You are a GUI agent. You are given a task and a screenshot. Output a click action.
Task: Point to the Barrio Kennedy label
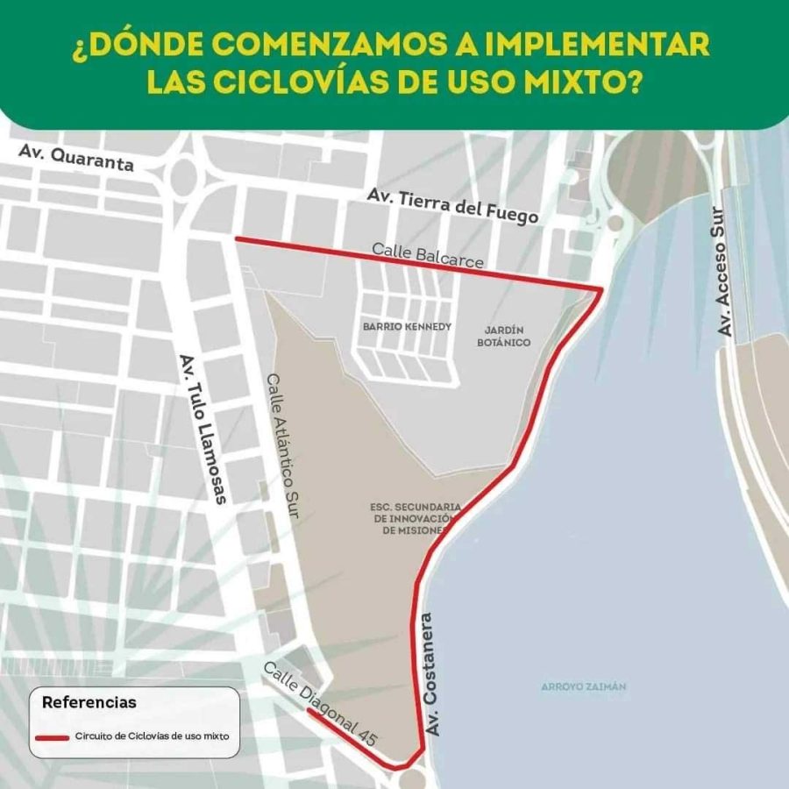click(407, 326)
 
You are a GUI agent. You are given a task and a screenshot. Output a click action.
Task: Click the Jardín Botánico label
click(504, 336)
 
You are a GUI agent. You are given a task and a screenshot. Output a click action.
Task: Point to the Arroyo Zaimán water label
click(583, 686)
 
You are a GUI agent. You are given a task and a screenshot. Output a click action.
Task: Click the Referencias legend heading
click(89, 702)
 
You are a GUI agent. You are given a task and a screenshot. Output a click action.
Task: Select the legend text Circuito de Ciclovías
click(153, 737)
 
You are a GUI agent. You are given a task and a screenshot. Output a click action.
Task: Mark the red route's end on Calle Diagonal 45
click(308, 712)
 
